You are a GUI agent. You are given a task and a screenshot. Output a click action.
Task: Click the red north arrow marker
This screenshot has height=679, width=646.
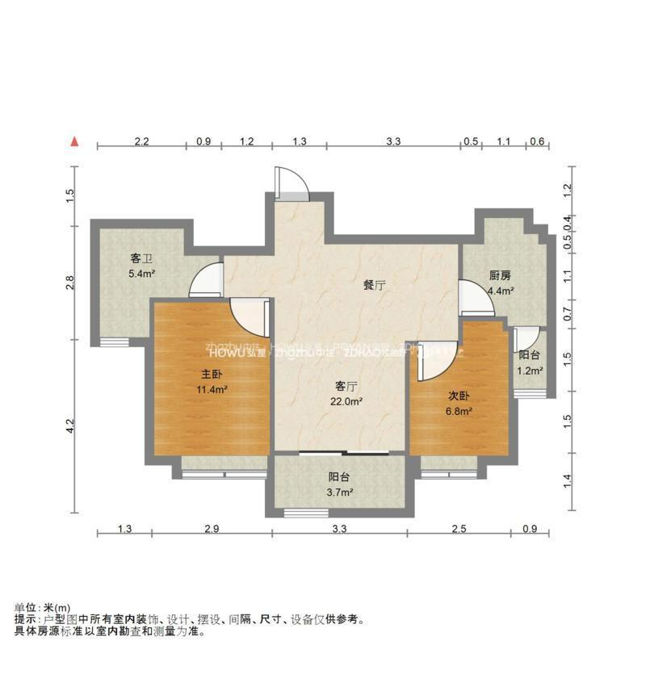click(75, 141)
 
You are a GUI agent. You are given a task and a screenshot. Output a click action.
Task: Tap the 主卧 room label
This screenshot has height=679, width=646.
click(212, 375)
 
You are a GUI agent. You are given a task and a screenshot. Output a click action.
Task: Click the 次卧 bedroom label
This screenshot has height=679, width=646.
click(459, 396)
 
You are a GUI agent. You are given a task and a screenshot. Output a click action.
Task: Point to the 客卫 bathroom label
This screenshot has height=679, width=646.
click(142, 259)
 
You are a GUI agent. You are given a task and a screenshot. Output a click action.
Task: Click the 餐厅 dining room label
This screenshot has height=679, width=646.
click(373, 284)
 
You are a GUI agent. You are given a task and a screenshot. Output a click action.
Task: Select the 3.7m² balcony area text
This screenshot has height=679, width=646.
click(339, 492)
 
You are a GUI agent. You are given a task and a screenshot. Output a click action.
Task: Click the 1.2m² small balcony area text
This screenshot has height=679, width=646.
click(530, 371)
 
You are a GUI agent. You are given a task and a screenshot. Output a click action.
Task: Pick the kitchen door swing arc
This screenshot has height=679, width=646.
click(475, 297)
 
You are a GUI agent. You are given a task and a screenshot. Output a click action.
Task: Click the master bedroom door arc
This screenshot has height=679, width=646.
click(246, 316)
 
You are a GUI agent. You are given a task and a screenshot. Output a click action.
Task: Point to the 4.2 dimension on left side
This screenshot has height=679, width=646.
click(70, 425)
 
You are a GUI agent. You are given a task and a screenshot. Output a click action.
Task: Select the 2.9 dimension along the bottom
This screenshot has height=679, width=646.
click(211, 529)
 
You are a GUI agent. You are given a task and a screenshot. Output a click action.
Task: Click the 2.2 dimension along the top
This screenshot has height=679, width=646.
click(141, 141)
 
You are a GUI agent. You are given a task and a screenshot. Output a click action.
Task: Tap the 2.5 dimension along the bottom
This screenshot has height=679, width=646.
click(459, 529)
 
